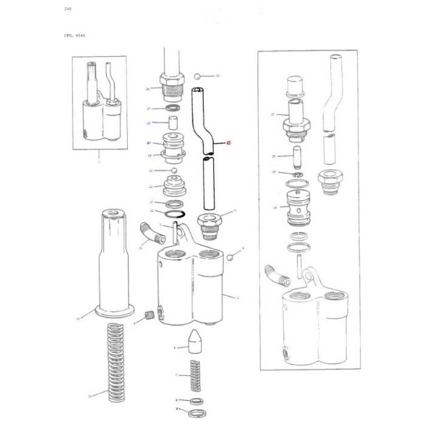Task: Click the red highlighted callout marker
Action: coord(229,144)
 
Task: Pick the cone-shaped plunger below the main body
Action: coord(195,341)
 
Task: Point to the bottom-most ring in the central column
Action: coord(195,413)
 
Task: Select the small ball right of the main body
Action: coord(231,258)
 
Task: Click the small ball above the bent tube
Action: coord(198,76)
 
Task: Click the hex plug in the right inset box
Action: coord(330,180)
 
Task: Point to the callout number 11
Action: coord(235,212)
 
